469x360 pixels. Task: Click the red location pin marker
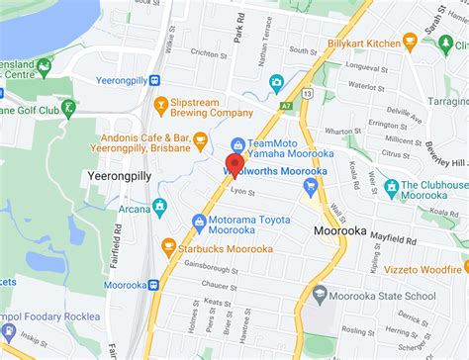coord(234,165)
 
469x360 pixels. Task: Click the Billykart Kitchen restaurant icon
coord(410,41)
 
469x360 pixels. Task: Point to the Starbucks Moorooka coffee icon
coord(168,245)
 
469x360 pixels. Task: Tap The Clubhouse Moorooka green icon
coord(392,186)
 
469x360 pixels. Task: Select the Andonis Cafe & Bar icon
coord(200,138)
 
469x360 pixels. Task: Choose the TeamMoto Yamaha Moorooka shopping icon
coord(237,144)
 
